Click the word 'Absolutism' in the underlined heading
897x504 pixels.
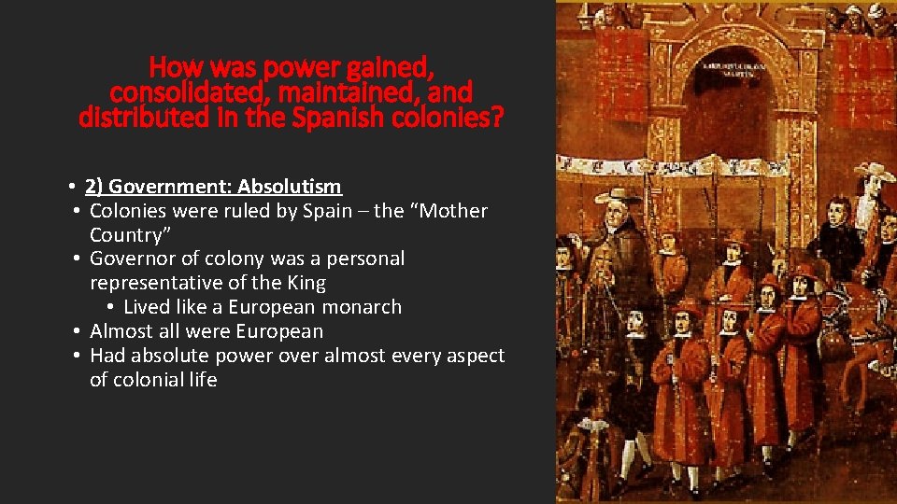click(290, 186)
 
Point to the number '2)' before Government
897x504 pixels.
click(93, 186)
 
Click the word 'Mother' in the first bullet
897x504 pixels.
click(455, 210)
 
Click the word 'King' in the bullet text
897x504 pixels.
click(304, 283)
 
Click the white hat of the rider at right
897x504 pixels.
click(878, 172)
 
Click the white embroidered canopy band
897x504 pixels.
click(719, 167)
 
